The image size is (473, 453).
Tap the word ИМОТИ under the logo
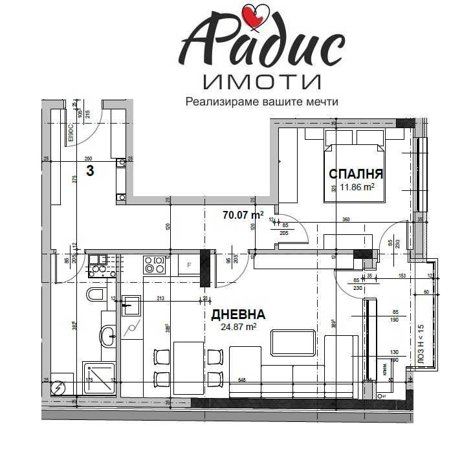click(261, 82)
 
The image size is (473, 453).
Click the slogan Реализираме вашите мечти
click(262, 102)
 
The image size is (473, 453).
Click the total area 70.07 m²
click(243, 214)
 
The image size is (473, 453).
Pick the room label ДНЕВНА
click(238, 315)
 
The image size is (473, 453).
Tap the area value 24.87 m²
click(238, 327)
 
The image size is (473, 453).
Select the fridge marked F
click(188, 265)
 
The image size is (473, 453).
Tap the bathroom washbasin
click(107, 335)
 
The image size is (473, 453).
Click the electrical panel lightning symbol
click(60, 386)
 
